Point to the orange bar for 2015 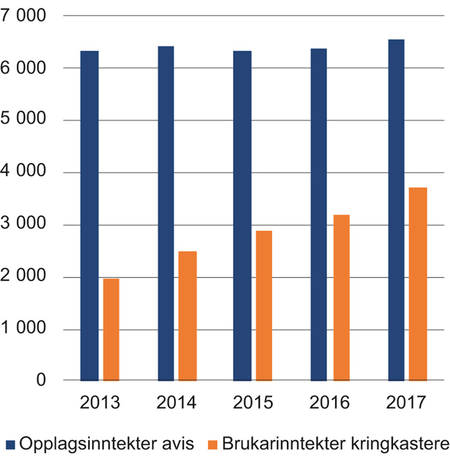pyautogui.click(x=264, y=306)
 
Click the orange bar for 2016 pyautogui.click(x=340, y=298)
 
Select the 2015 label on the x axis pyautogui.click(x=253, y=403)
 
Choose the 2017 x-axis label pyautogui.click(x=406, y=403)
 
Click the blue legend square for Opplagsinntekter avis pyautogui.click(x=10, y=444)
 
